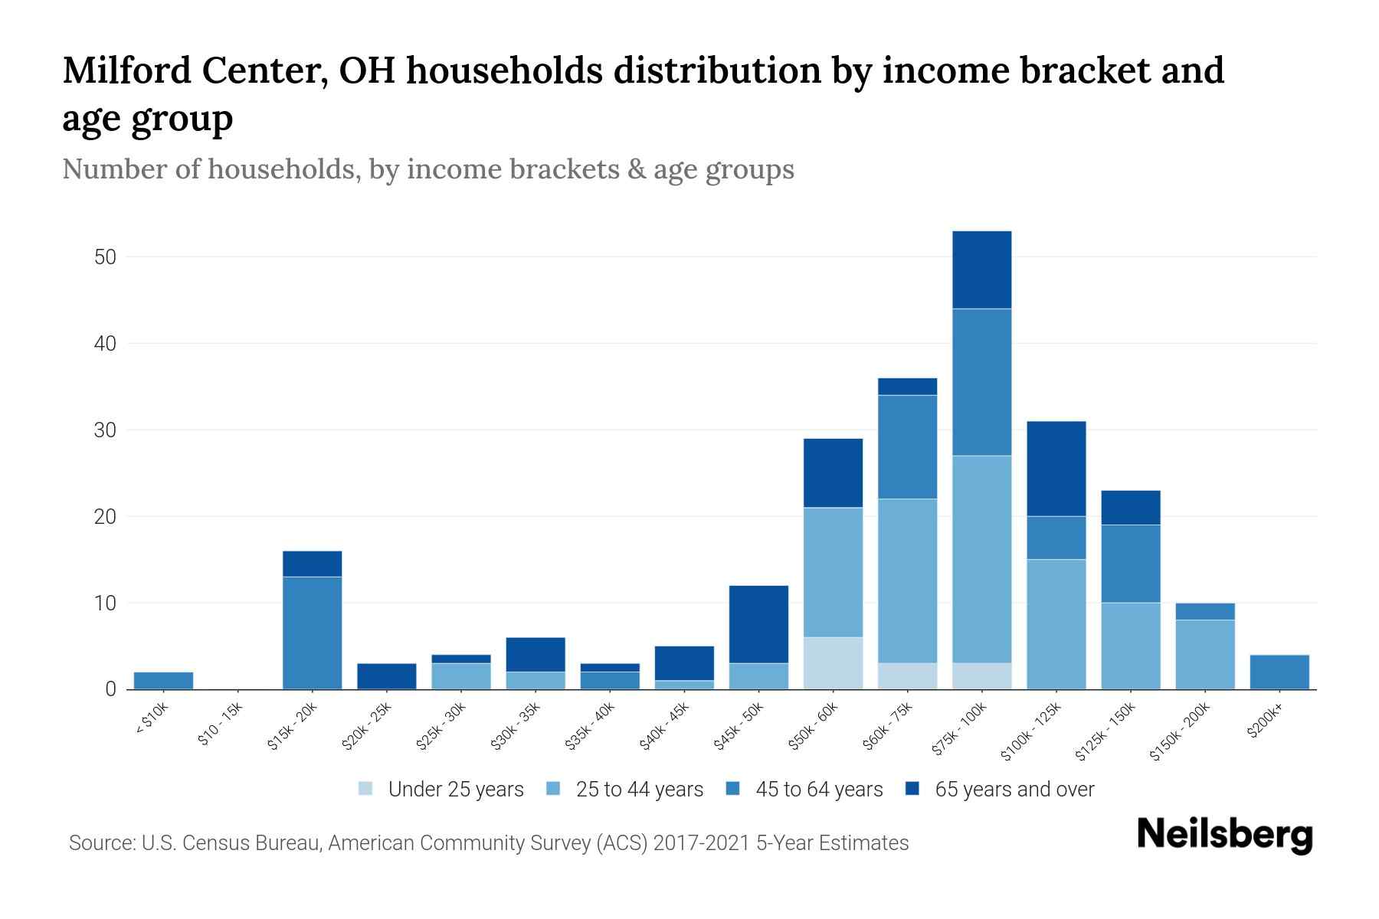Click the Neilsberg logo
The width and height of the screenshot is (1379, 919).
[x=1224, y=836]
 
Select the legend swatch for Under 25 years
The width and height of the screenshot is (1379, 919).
[x=366, y=789]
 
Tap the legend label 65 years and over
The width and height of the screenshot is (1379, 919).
[x=1014, y=790]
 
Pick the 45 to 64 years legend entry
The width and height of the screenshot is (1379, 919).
[x=819, y=790]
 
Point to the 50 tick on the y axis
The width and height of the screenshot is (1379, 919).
[x=105, y=257]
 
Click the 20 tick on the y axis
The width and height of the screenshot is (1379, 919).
[x=105, y=517]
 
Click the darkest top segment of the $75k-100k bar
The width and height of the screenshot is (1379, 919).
[x=981, y=270]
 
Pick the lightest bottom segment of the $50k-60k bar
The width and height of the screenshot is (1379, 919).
[x=833, y=663]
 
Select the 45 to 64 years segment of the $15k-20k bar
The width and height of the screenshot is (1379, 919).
[x=312, y=633]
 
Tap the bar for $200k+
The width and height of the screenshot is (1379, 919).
[x=1279, y=672]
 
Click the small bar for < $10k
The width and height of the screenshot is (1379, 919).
[x=163, y=681]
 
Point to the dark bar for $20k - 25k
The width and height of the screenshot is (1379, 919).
[x=386, y=676]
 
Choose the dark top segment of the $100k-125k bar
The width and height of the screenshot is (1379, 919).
[x=1056, y=469]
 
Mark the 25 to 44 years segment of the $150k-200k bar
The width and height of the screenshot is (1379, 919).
[x=1204, y=654]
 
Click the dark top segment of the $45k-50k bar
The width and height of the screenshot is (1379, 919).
[x=758, y=624]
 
